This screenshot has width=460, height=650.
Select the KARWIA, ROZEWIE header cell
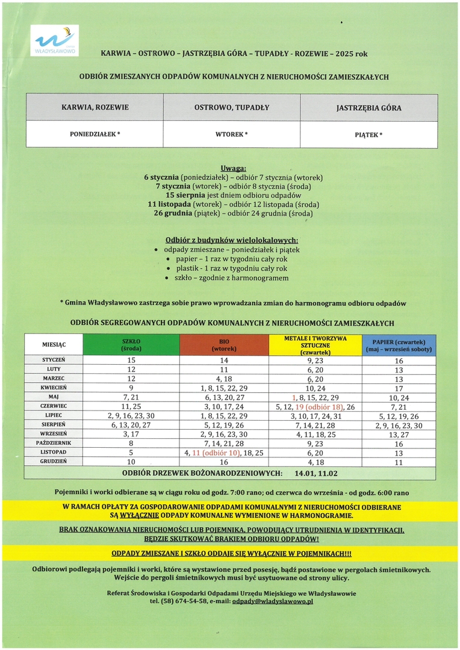point(95,108)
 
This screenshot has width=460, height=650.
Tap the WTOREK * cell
point(231,134)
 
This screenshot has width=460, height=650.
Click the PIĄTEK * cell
point(368,135)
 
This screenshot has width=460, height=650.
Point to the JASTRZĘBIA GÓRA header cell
point(368,108)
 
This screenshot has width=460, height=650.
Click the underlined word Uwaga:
point(234,169)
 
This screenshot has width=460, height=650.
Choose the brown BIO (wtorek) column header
point(224,345)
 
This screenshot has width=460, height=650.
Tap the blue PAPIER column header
point(399,345)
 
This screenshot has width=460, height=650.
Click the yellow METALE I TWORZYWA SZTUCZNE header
point(315,345)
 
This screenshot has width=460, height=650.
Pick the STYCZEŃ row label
point(54,360)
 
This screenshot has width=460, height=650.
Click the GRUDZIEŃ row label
point(54,461)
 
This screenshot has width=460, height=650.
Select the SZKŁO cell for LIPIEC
point(131,416)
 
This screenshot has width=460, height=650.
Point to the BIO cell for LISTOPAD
point(224,452)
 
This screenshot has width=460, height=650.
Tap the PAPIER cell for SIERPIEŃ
point(399,425)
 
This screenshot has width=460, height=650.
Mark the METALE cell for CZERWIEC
point(315,406)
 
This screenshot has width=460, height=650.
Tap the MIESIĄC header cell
point(54,345)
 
